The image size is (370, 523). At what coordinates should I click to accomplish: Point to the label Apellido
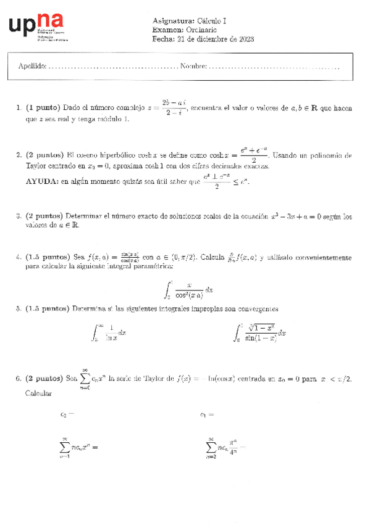tap(32, 66)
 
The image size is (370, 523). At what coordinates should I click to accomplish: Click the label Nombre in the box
tap(193, 66)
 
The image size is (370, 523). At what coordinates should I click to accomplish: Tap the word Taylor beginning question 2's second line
tap(36, 167)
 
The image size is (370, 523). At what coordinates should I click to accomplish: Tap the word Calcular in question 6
tap(38, 392)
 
